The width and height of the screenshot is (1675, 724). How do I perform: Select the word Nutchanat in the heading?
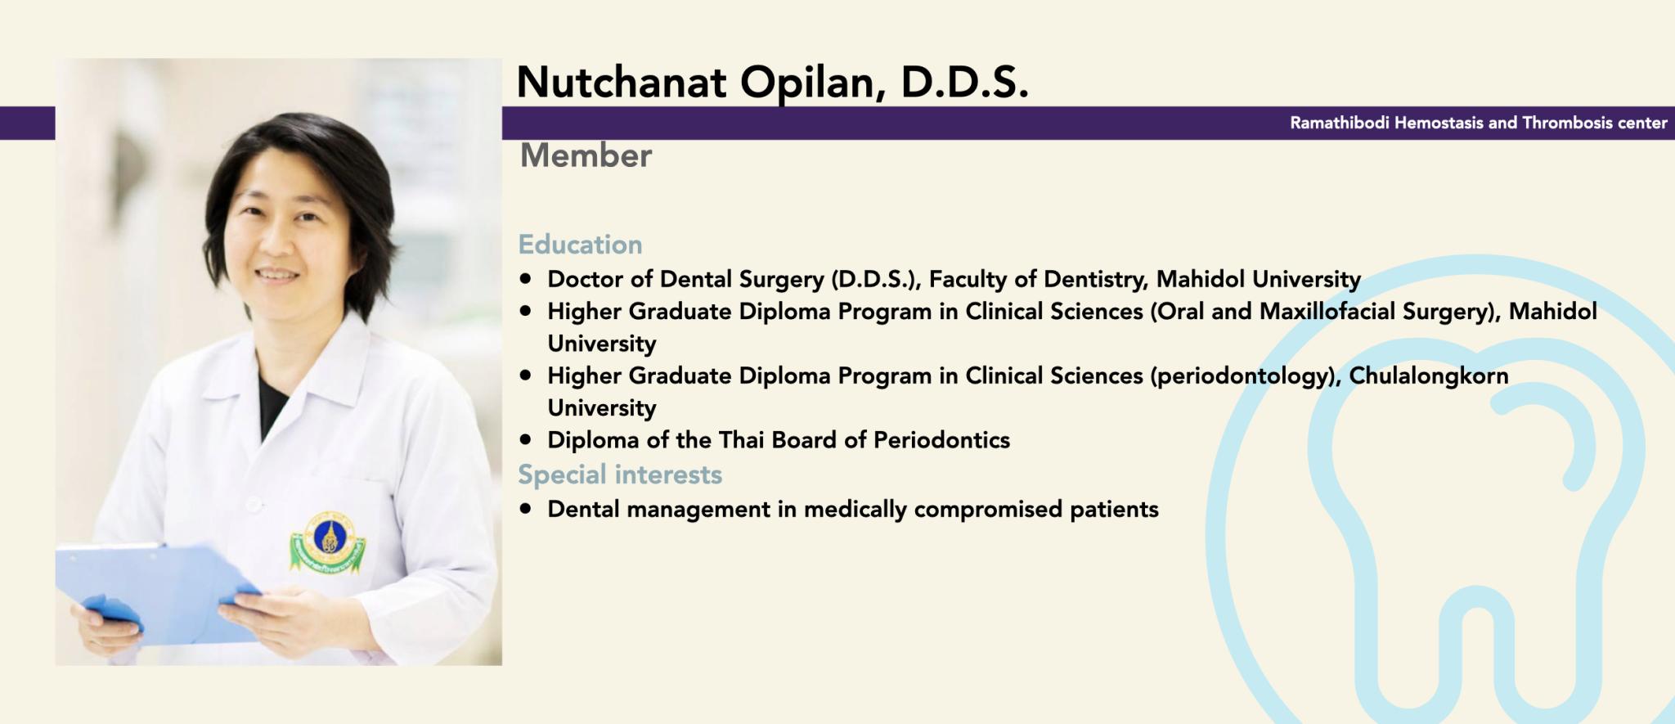tap(622, 82)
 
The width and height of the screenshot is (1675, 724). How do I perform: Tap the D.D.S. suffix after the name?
tap(965, 82)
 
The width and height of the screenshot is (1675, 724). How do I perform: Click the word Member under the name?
tap(586, 155)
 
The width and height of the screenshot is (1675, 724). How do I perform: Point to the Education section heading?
tap(580, 244)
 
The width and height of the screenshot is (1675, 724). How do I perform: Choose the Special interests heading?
tap(620, 474)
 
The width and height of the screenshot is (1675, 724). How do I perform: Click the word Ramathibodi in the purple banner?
tap(1340, 123)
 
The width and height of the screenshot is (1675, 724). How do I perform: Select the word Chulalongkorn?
tap(1429, 375)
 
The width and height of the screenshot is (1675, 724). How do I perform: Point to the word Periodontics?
tap(941, 440)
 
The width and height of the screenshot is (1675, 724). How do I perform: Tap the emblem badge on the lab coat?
tap(328, 540)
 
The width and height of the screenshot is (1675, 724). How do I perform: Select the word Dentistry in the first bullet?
tap(1095, 280)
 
